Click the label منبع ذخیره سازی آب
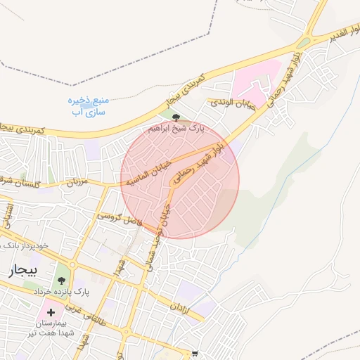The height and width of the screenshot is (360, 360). (86, 106)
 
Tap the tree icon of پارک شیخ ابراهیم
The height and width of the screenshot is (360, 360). (175, 117)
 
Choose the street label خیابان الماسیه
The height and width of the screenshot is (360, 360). (149, 171)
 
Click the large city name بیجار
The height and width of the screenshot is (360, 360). (20, 272)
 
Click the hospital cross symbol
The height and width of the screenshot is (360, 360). (51, 311)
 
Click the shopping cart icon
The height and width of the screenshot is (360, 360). (195, 354)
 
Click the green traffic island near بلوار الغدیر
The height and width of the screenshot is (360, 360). (303, 43)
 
